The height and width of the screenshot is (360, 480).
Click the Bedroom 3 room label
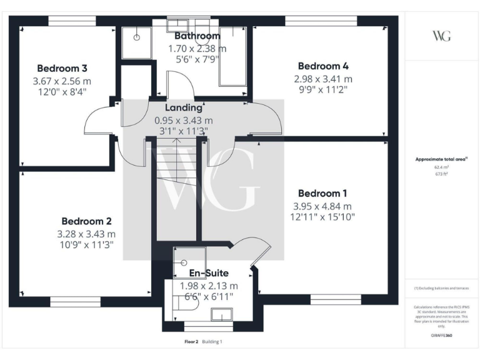click(61, 68)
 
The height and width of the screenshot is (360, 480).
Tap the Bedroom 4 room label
click(323, 66)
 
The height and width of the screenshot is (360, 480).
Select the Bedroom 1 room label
click(323, 193)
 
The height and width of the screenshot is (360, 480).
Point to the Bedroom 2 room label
click(86, 221)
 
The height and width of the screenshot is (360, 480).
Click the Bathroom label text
click(197, 36)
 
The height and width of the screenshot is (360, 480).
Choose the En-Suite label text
click(209, 273)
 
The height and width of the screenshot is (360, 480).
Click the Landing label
click(183, 108)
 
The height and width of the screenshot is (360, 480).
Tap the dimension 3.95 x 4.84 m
click(322, 206)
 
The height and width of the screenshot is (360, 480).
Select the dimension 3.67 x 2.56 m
click(61, 81)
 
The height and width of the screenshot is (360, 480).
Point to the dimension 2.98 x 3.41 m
click(323, 79)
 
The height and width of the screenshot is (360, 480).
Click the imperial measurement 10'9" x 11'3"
click(87, 246)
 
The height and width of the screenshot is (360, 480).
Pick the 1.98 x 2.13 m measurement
click(209, 286)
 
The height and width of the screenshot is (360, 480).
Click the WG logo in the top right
click(441, 35)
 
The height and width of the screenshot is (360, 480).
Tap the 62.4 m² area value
click(441, 167)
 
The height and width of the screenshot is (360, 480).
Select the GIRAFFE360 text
click(441, 336)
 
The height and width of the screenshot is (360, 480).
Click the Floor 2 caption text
click(191, 342)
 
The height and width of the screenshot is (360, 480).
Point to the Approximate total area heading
click(441, 159)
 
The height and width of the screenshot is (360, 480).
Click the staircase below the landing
click(176, 187)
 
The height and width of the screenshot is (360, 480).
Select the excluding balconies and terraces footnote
click(441, 289)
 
